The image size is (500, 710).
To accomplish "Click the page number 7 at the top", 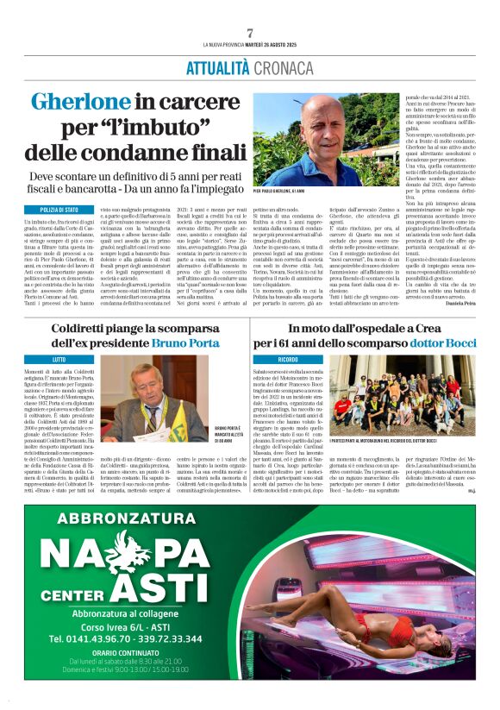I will [250, 33].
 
